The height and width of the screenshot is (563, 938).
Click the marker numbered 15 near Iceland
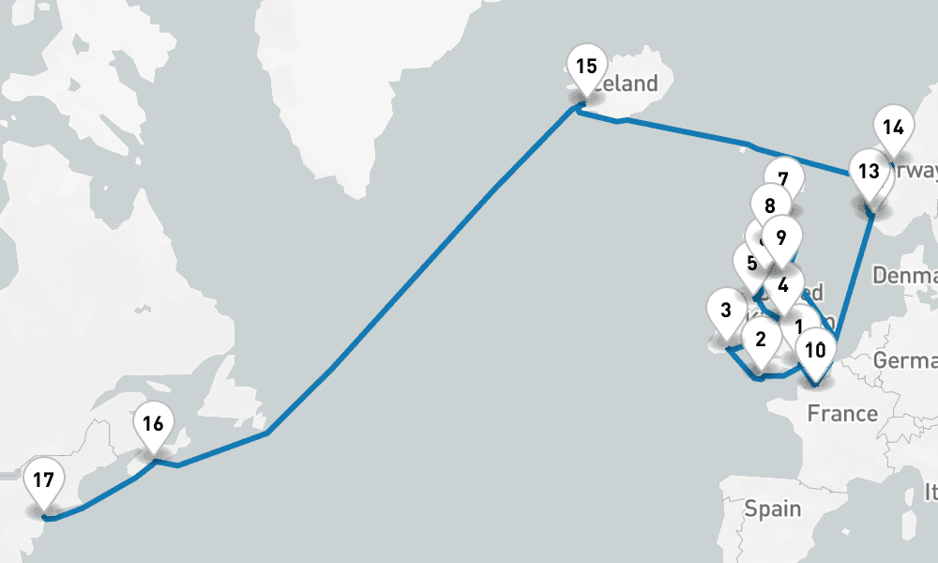(586, 68)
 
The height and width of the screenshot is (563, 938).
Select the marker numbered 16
(153, 424)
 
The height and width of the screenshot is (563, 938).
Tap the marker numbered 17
(42, 482)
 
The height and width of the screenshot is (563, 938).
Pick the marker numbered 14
(893, 128)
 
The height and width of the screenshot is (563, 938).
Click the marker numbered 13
(869, 173)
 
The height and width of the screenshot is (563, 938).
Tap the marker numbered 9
(780, 236)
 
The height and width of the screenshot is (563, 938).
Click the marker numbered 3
(726, 311)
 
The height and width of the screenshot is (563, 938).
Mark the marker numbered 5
(750, 264)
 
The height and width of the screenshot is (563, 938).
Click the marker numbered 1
(799, 327)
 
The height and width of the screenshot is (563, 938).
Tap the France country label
(842, 413)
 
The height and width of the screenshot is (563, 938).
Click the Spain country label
(773, 510)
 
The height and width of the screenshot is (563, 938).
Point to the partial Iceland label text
(630, 84)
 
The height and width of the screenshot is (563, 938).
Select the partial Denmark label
(904, 275)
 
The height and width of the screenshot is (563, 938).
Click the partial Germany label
(905, 361)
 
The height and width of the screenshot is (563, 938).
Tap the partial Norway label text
(918, 171)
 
